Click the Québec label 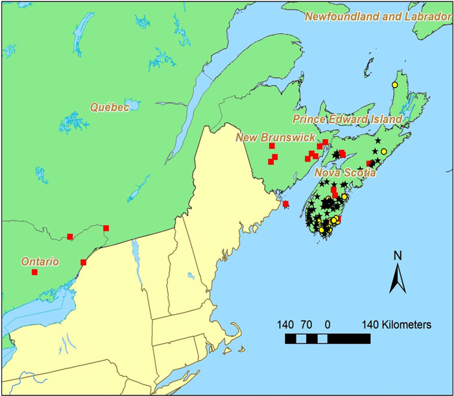(x=110, y=107)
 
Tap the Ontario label (x=40, y=262)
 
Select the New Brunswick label (x=275, y=138)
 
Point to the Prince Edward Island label (x=347, y=119)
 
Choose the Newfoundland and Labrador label (x=378, y=16)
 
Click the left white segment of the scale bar (x=302, y=338)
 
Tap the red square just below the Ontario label (x=35, y=272)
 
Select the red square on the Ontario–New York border (x=84, y=262)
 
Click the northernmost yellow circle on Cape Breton (x=394, y=85)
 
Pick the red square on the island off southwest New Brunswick (x=285, y=204)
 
